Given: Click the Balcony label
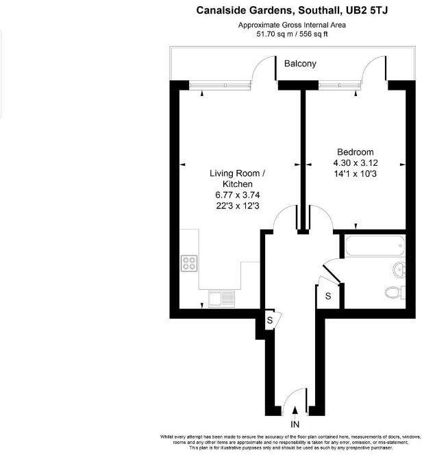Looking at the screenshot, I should click(300, 64).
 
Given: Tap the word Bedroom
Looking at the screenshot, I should click(355, 152).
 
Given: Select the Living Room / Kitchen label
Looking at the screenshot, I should click(236, 179).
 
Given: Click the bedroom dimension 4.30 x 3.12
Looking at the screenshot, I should click(355, 163).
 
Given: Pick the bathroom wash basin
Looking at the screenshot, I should click(397, 269).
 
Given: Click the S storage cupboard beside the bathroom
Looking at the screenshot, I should click(328, 296).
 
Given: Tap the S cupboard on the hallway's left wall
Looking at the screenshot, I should click(270, 320).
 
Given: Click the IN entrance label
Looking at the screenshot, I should click(295, 425).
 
